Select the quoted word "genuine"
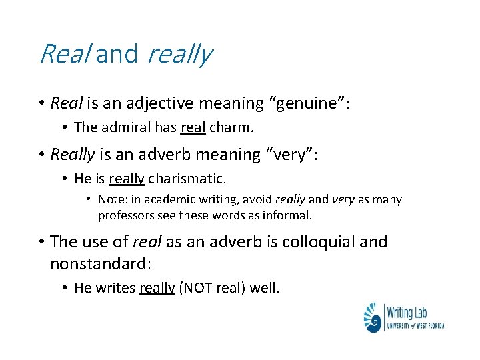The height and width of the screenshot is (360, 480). pyautogui.click(x=308, y=104)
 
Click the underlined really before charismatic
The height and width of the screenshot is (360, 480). pyautogui.click(x=127, y=179)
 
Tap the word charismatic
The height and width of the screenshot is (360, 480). pyautogui.click(x=187, y=179)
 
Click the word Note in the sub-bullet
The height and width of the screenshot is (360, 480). pyautogui.click(x=111, y=199)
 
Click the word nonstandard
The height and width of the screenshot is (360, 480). pyautogui.click(x=100, y=263)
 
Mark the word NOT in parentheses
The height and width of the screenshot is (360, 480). pyautogui.click(x=198, y=289)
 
